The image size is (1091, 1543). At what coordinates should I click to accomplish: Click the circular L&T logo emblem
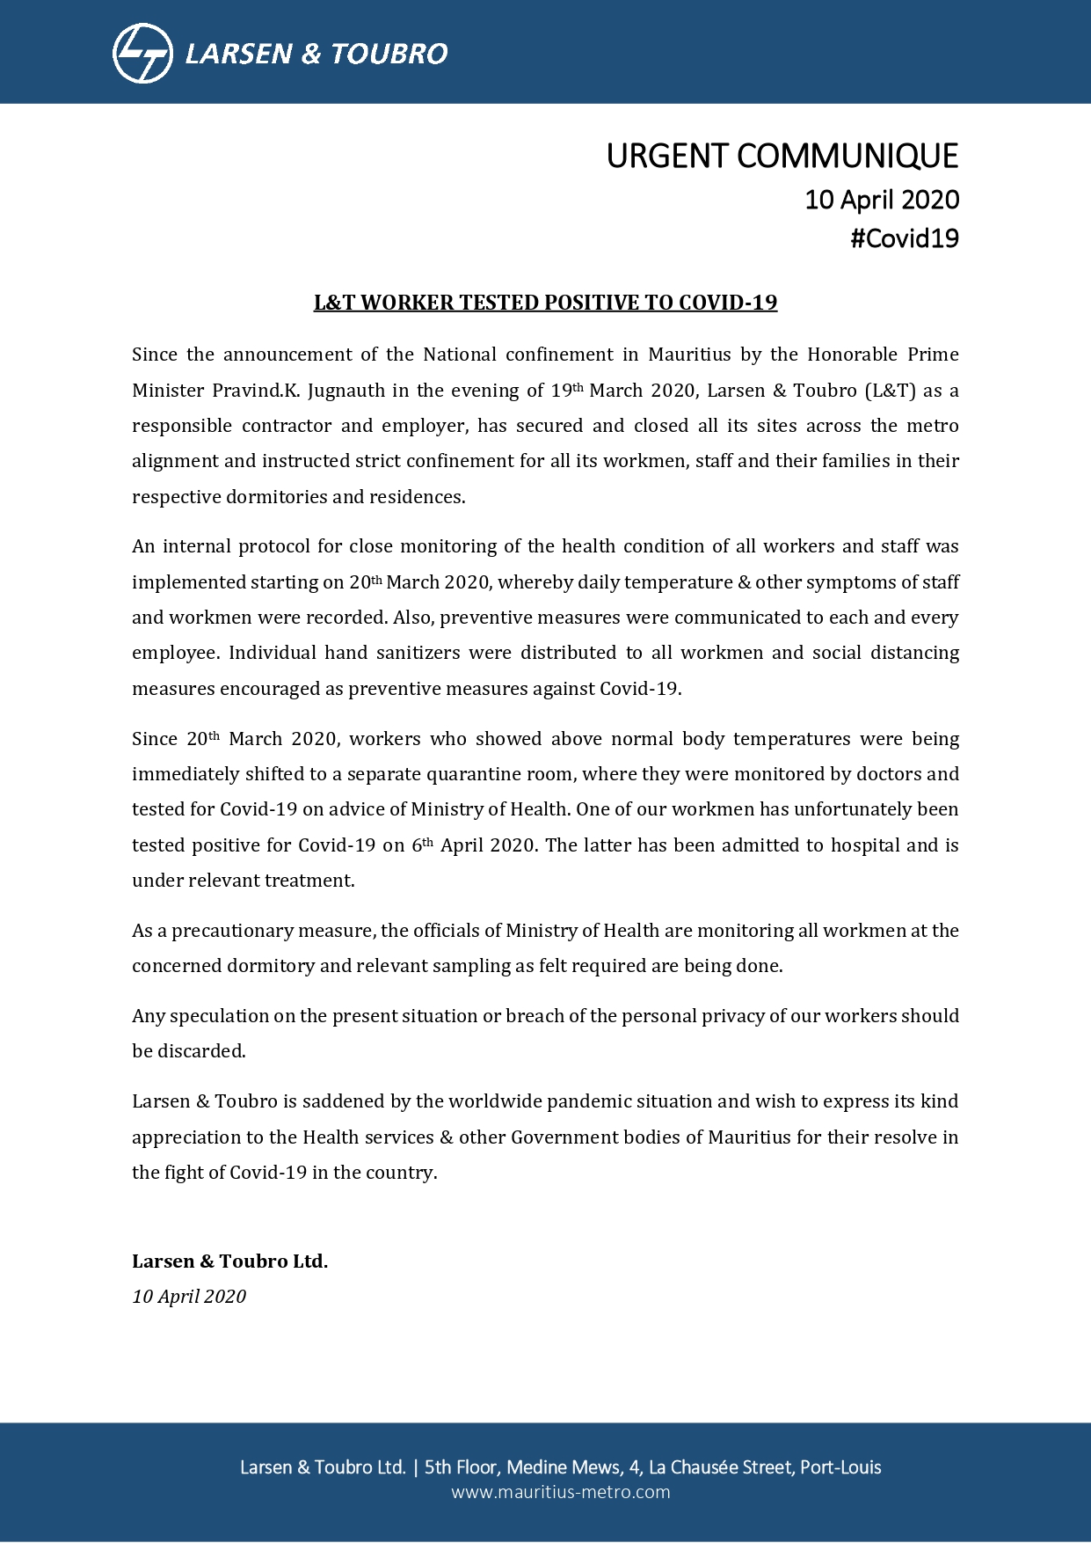[142, 54]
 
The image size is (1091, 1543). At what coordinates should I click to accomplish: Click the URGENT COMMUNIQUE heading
[782, 156]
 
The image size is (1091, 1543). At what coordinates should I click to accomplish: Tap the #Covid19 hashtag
[904, 238]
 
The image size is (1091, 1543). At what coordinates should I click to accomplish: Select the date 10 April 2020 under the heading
[881, 200]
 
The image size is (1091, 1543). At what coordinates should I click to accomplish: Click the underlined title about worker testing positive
[545, 303]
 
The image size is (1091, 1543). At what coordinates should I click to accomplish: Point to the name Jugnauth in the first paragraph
[346, 391]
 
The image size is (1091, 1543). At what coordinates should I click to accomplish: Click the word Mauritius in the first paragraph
[689, 355]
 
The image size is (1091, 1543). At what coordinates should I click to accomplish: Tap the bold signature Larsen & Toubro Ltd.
[229, 1261]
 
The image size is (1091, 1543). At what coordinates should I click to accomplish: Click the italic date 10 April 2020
[189, 1297]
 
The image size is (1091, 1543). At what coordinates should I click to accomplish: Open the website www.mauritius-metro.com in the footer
[560, 1492]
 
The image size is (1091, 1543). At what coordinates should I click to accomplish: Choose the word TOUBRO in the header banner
[389, 54]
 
